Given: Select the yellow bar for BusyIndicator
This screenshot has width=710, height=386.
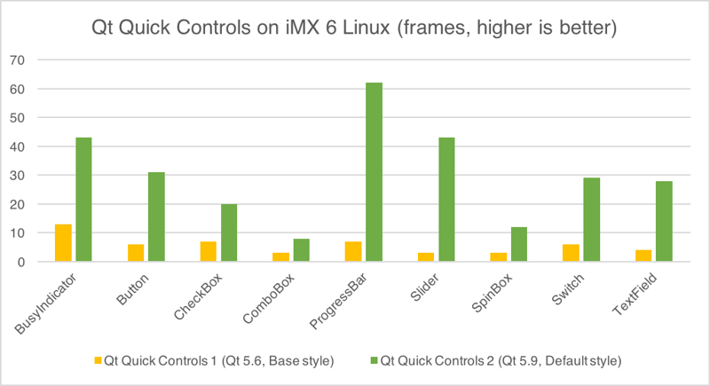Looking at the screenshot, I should [x=63, y=243].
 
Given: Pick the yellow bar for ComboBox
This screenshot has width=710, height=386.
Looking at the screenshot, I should [x=280, y=257].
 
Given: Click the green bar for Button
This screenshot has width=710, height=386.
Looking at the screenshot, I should [x=156, y=217].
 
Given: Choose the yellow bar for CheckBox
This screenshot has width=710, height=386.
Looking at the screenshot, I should [x=208, y=251].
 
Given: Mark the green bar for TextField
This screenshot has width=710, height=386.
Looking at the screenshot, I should [x=664, y=221].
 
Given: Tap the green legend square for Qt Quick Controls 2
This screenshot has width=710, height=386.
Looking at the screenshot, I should [x=377, y=361].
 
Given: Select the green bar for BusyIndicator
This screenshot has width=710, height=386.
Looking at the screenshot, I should [x=83, y=200].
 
